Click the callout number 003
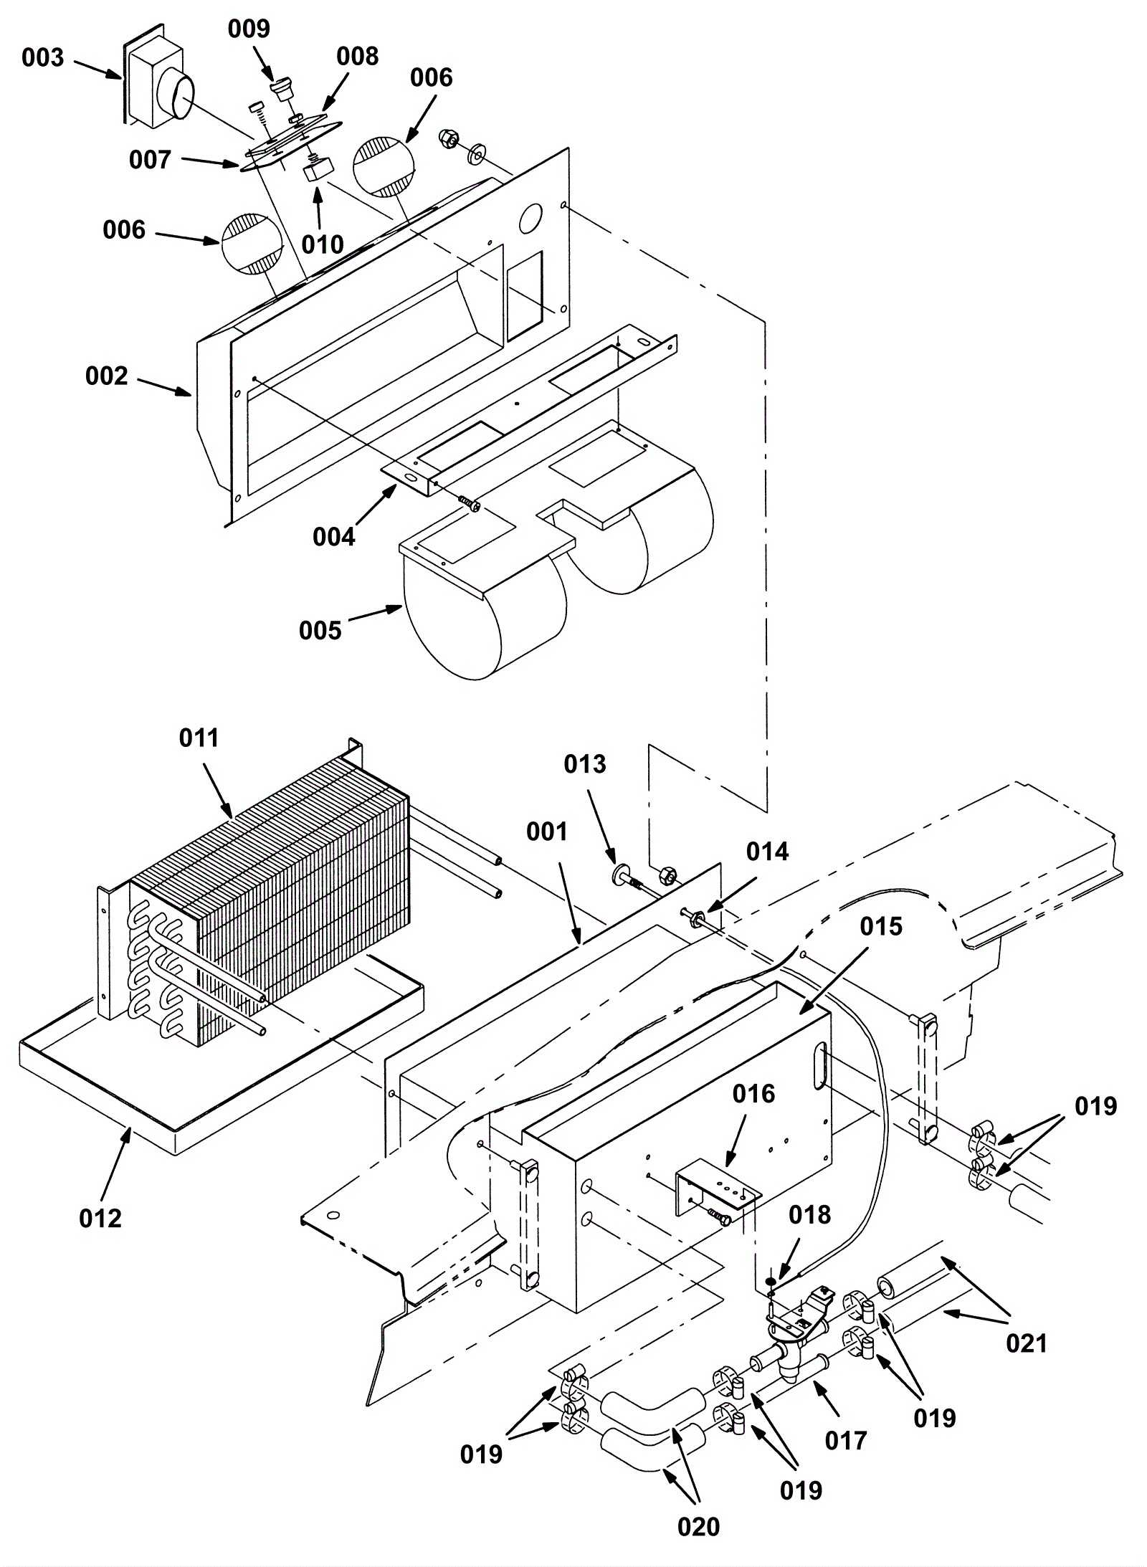click(43, 58)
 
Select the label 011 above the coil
click(199, 738)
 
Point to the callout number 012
click(100, 1217)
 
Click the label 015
click(880, 926)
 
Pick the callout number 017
click(846, 1439)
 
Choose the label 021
click(1027, 1343)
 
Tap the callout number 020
click(698, 1527)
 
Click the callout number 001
click(546, 832)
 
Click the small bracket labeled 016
click(717, 1194)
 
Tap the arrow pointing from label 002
click(164, 386)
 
